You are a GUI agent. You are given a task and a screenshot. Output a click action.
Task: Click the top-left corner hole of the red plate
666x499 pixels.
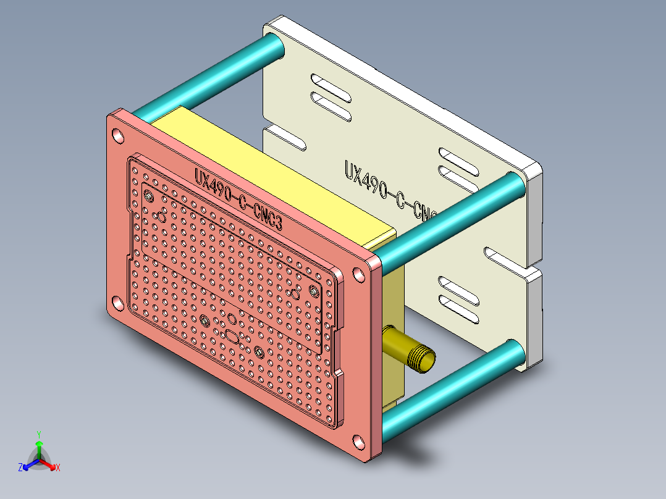[x=118, y=137]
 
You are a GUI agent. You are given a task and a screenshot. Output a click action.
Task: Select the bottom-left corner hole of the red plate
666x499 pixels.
[x=116, y=303]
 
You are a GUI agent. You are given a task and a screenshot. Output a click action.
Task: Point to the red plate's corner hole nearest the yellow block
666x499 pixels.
[x=358, y=275]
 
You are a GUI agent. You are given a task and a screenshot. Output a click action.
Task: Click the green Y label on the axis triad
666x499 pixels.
[x=38, y=434]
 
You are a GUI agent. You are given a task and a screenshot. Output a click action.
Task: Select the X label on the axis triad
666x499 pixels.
[x=58, y=468]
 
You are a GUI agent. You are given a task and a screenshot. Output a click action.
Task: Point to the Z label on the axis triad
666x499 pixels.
[x=20, y=468]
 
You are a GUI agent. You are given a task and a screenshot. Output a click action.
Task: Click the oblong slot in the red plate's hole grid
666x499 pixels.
[x=232, y=336]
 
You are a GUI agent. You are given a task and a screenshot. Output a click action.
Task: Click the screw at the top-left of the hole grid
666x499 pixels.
[x=150, y=196]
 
